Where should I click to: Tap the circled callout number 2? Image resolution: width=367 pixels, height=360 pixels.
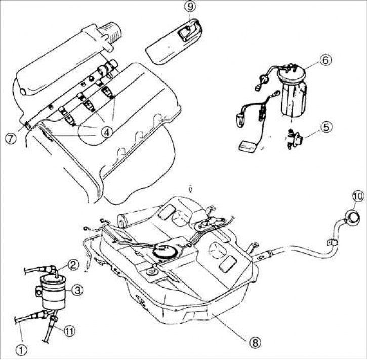pos(74,263)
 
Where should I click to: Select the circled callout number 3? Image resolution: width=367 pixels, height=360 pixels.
pos(78,289)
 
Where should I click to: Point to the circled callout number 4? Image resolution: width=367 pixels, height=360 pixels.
pos(106,132)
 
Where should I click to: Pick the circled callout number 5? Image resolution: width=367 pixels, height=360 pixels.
pos(327,126)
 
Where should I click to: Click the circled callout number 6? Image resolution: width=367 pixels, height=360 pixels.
pos(325,60)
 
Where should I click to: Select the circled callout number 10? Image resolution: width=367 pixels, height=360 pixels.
pos(358,196)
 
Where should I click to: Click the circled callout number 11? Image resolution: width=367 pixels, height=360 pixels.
pos(69,331)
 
